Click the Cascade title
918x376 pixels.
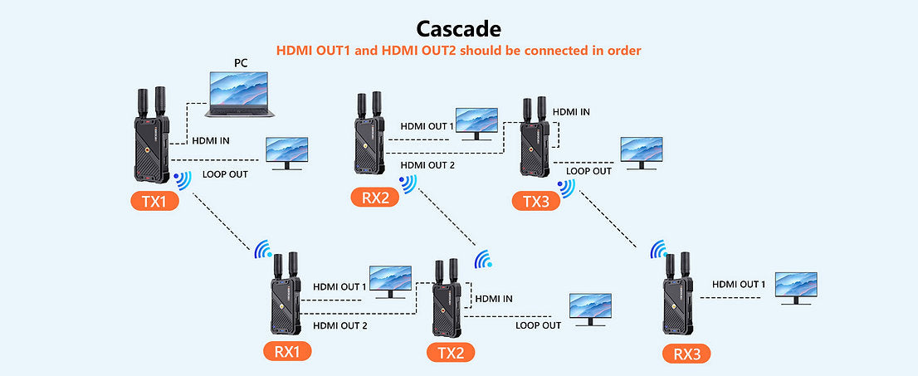pyautogui.click(x=458, y=29)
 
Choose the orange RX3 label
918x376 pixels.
pyautogui.click(x=686, y=354)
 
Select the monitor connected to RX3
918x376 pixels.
pyautogui.click(x=796, y=287)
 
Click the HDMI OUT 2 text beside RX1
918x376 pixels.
pyautogui.click(x=339, y=325)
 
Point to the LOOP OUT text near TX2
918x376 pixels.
pyautogui.click(x=538, y=325)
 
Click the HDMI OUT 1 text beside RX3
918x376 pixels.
pyautogui.click(x=739, y=285)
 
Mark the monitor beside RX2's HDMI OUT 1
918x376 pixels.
pyautogui.click(x=476, y=124)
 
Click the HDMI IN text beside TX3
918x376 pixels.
pyautogui.click(x=572, y=111)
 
